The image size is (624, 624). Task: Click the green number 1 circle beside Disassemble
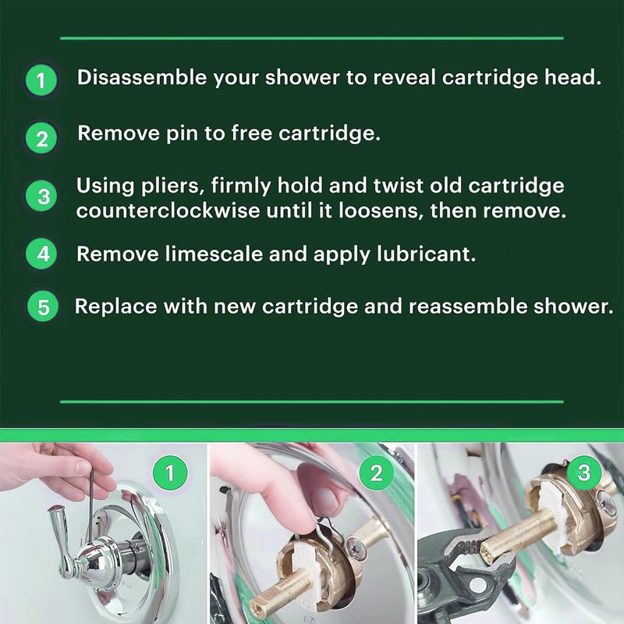[41, 80]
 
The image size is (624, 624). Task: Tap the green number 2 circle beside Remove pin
[41, 139]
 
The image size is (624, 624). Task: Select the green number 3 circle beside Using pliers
[41, 197]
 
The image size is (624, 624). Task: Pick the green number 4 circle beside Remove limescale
[41, 253]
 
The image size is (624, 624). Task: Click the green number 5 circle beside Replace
[43, 307]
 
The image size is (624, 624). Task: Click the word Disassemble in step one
[142, 77]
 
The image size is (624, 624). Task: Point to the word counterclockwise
[168, 211]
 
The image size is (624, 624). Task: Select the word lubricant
[426, 254]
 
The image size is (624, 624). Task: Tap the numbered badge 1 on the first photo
[170, 473]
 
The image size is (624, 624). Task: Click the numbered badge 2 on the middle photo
[376, 473]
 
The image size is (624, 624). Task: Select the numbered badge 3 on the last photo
[583, 473]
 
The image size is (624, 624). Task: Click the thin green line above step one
[312, 38]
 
